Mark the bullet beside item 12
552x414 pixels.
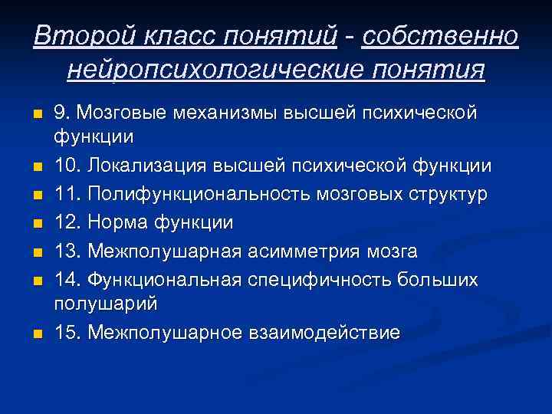36,223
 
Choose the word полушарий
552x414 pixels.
106,304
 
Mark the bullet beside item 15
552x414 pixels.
36,333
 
